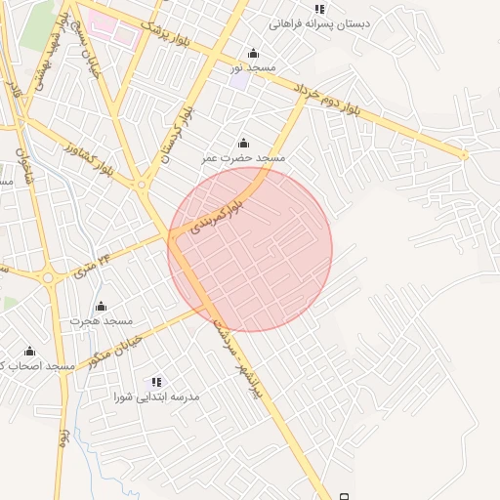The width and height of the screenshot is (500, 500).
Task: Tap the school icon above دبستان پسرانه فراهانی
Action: tap(320, 9)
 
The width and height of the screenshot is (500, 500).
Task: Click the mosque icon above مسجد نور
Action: tap(254, 53)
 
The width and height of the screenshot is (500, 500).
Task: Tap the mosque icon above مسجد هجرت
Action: tap(101, 307)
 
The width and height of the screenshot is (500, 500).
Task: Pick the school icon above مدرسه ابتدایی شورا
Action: tap(156, 382)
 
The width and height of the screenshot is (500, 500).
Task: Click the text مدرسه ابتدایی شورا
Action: tap(156, 397)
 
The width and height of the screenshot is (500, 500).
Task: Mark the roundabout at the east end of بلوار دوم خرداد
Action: tap(464, 155)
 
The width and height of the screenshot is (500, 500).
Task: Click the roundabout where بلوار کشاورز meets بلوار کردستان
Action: tap(142, 184)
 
